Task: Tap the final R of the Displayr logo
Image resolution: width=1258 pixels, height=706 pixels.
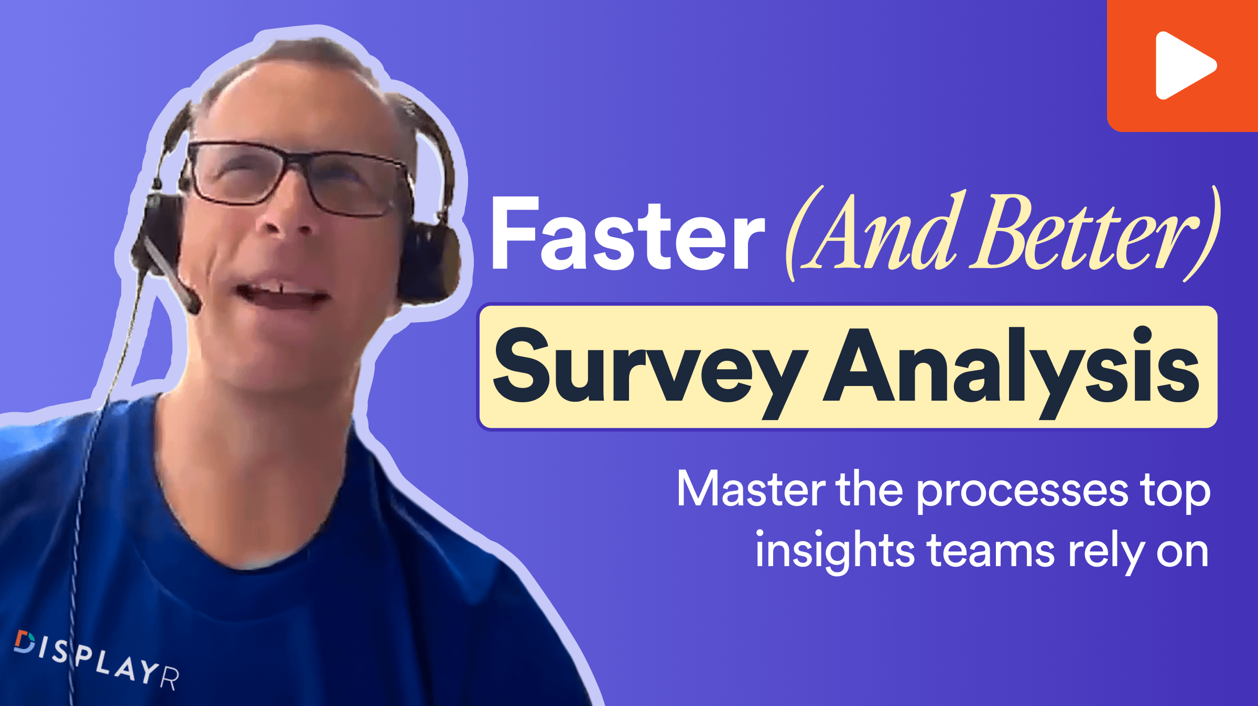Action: click(x=169, y=678)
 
